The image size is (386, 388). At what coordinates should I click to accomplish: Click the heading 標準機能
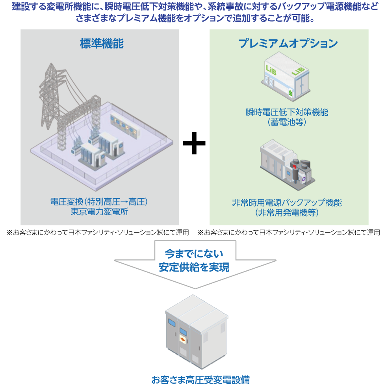[x=102, y=44]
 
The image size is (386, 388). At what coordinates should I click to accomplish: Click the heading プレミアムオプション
[x=288, y=43]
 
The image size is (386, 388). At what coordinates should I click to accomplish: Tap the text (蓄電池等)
[x=287, y=122]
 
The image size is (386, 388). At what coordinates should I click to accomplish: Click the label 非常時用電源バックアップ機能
[x=287, y=203]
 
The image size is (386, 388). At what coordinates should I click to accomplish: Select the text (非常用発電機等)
[x=287, y=213]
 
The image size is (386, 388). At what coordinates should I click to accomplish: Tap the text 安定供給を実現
[x=194, y=267]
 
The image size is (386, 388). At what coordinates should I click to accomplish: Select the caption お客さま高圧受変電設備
[x=200, y=380]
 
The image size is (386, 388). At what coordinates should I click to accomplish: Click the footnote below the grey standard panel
[x=98, y=233]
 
